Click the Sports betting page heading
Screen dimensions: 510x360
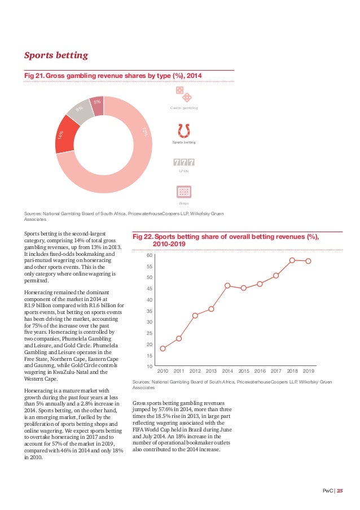point(56,55)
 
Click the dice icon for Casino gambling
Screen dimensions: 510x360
point(183,94)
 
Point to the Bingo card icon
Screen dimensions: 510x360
point(183,192)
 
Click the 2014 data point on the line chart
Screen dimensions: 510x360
point(227,285)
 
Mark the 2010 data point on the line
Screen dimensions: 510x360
point(163,348)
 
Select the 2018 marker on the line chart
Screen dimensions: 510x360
point(292,260)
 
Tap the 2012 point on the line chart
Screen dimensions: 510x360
point(195,315)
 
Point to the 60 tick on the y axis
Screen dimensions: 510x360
point(150,255)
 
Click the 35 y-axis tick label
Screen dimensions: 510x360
point(150,311)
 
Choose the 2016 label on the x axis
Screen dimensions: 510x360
point(260,371)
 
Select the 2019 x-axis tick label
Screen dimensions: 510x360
point(309,371)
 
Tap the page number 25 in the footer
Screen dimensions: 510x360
point(340,491)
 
